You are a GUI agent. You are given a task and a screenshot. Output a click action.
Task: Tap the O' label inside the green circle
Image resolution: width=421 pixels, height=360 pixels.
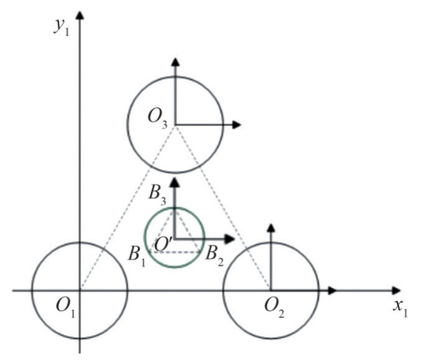[163, 245]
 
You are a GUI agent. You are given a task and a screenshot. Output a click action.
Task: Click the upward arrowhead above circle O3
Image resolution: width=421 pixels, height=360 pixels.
[175, 62]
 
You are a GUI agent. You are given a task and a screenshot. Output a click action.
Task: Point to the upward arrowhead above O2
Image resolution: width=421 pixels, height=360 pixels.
[271, 228]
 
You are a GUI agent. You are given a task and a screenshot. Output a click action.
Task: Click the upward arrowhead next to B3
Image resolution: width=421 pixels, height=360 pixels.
[174, 182]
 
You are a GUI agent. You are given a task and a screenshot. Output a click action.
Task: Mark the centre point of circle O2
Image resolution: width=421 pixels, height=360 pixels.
[271, 289]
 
